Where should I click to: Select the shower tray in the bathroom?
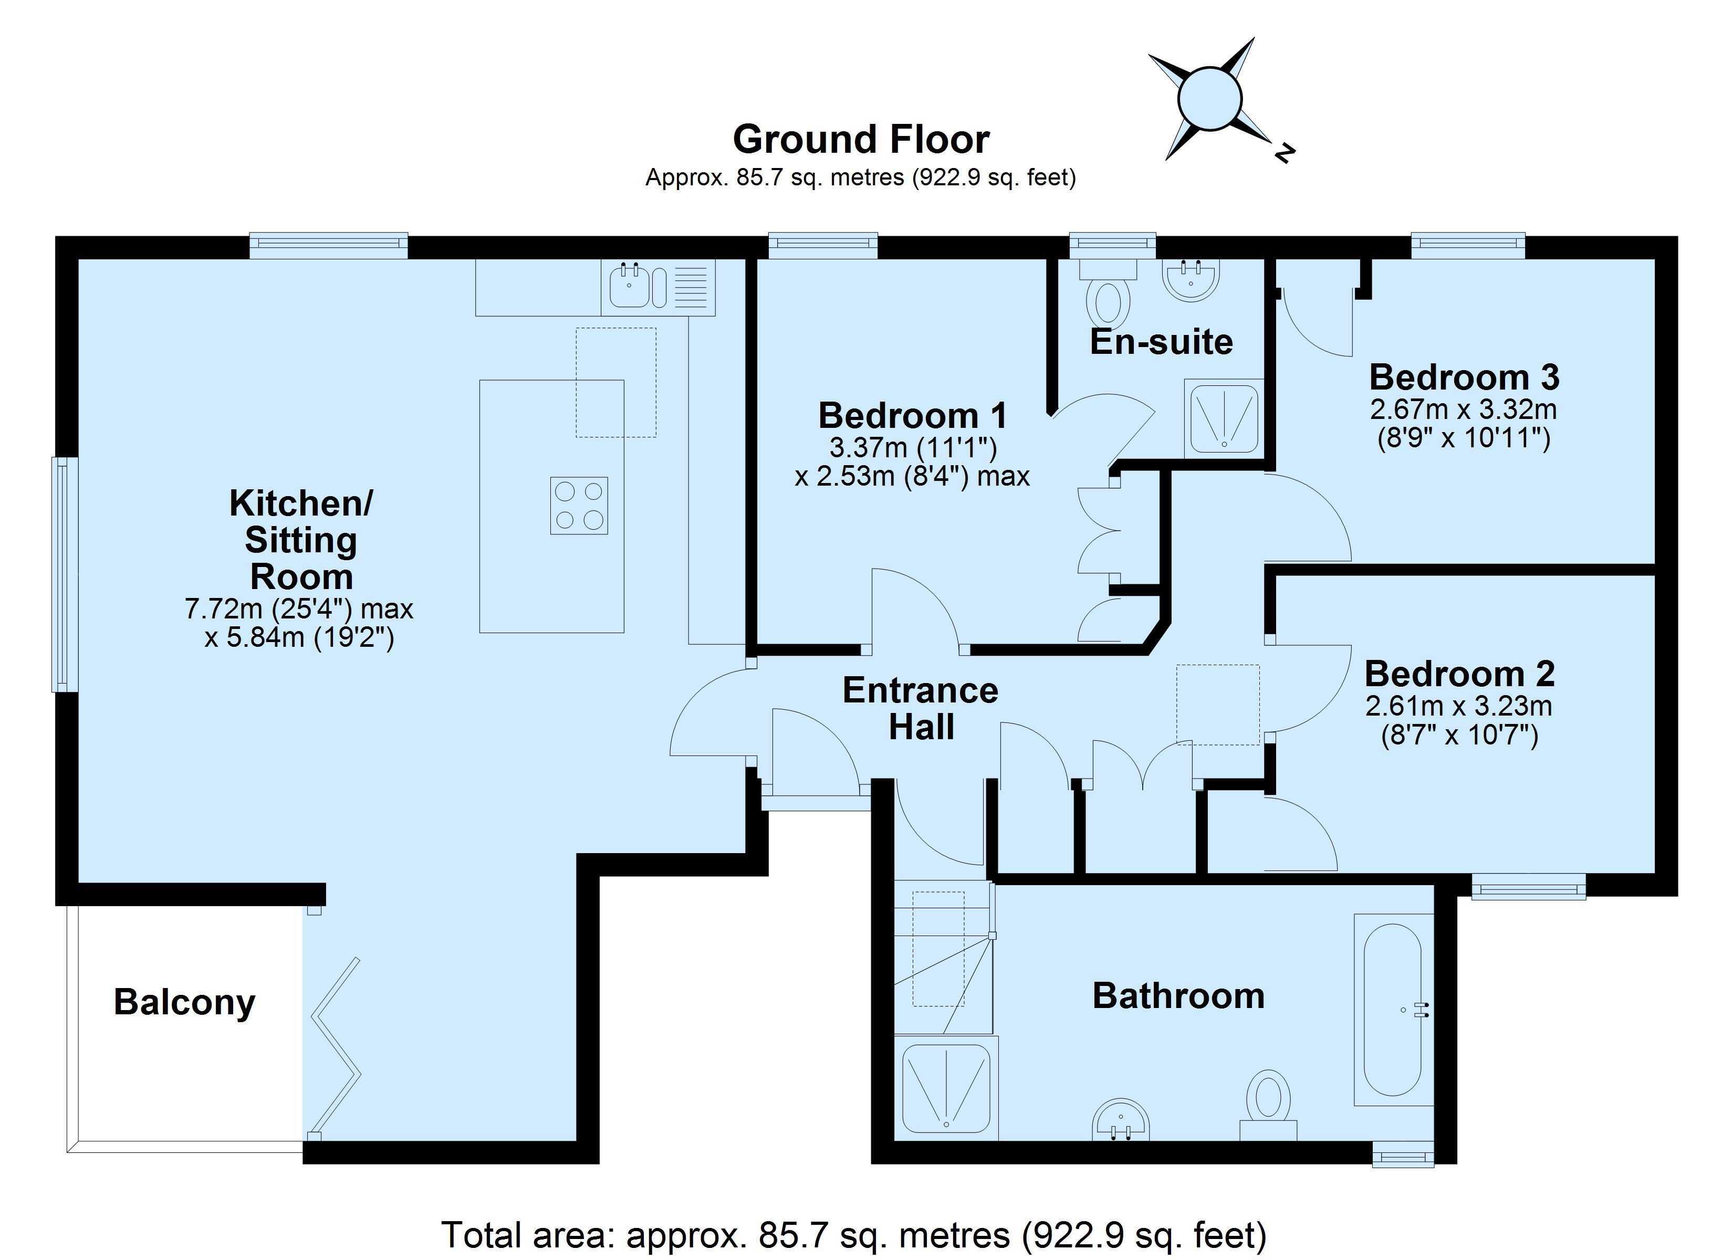(946, 1088)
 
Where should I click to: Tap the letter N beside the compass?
(1285, 153)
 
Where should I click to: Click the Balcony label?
(184, 1002)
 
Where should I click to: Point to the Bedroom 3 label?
(1463, 377)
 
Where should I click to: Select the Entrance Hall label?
(920, 708)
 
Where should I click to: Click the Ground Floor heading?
(861, 139)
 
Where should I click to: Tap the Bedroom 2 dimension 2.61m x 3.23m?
(1459, 705)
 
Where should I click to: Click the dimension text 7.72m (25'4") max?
(299, 609)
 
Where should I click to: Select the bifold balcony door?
(334, 1047)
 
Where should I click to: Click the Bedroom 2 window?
(1528, 887)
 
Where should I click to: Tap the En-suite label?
(1161, 342)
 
